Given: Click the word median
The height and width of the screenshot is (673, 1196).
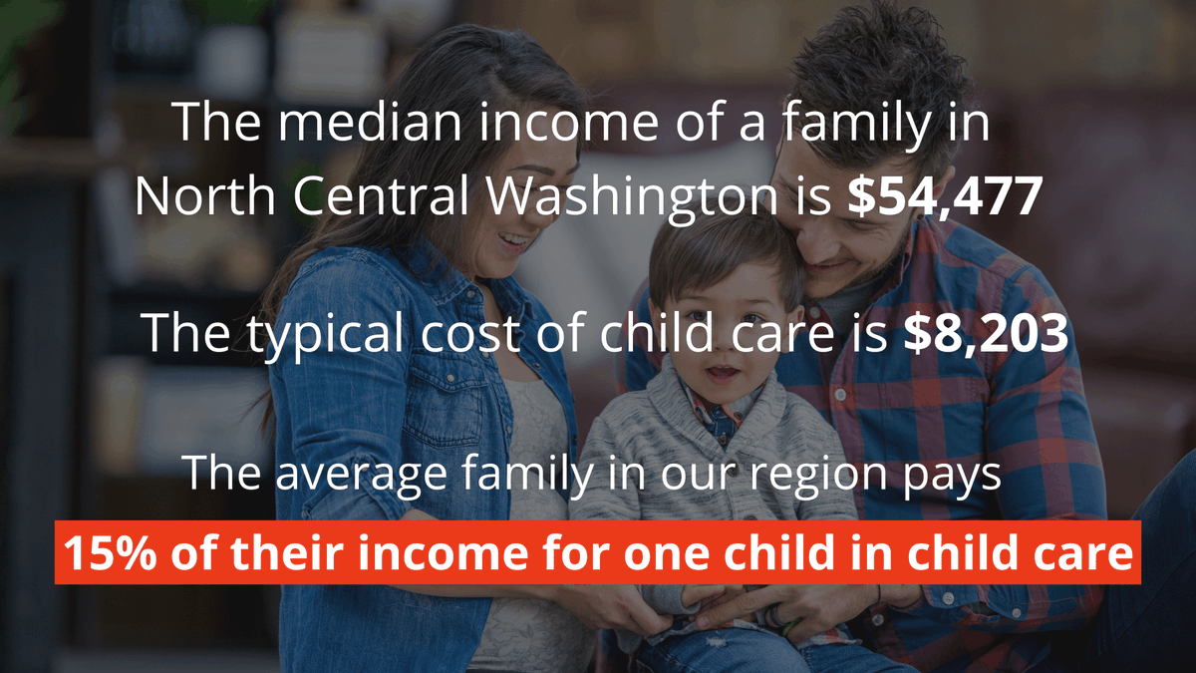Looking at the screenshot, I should (351, 122).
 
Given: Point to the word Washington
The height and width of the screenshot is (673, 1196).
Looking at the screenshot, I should (633, 196).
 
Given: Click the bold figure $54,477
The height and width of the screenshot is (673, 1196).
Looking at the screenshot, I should (944, 196).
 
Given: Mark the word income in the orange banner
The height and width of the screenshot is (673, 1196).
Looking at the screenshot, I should (459, 551).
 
